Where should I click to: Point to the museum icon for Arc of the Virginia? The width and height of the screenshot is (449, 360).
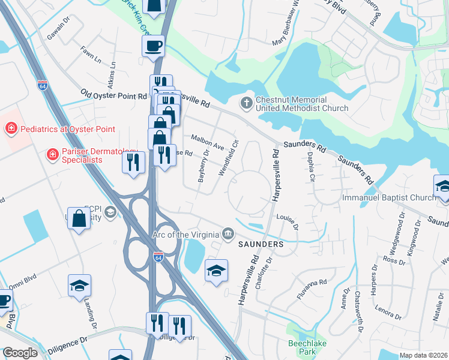click(x=229, y=233)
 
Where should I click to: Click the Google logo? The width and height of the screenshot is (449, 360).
click(x=20, y=353)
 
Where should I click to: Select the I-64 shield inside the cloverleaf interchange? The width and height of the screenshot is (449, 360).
click(x=158, y=257)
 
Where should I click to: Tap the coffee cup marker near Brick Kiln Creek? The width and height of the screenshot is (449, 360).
click(x=153, y=46)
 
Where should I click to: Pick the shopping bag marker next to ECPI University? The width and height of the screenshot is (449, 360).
click(x=79, y=218)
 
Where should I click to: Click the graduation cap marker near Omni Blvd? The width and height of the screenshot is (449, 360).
click(x=79, y=286)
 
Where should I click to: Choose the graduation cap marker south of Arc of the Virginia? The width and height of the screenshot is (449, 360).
click(x=216, y=271)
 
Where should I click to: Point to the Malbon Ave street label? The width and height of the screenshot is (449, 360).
click(x=207, y=142)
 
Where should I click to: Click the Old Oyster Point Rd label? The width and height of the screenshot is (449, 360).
click(x=113, y=95)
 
